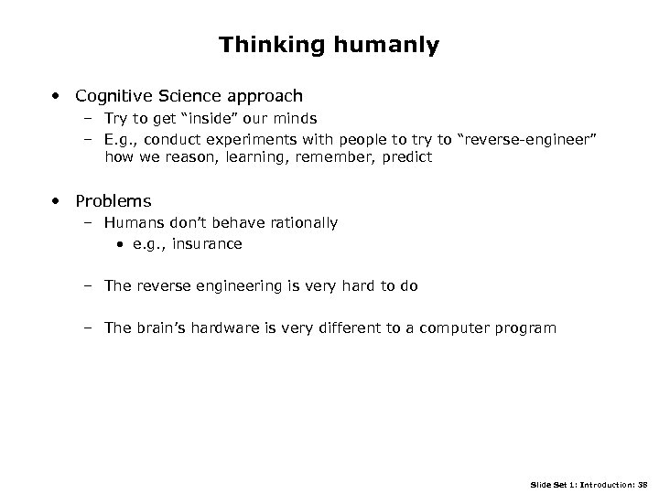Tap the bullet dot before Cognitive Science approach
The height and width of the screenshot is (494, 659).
point(57,95)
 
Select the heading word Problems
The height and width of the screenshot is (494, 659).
point(113,201)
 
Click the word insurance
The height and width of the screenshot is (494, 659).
point(211,244)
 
